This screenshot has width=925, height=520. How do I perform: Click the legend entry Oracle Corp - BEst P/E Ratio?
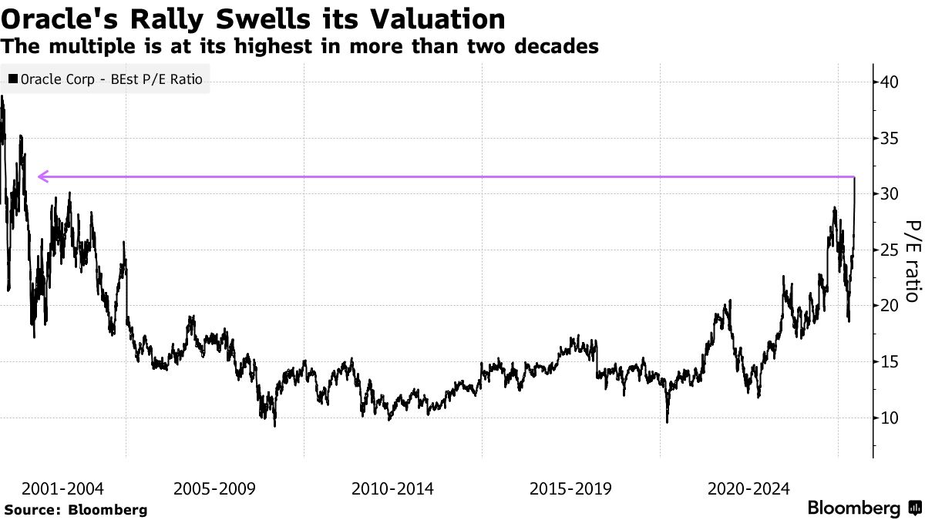(106, 79)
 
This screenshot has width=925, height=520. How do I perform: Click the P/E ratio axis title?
(912, 261)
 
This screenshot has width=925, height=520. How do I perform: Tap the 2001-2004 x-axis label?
(62, 488)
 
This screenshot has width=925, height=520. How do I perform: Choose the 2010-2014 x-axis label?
(392, 488)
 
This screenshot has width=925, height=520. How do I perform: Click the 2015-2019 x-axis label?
(570, 488)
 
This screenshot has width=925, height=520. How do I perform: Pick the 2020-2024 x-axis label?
(748, 488)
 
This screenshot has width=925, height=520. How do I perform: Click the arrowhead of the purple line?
(42, 177)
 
